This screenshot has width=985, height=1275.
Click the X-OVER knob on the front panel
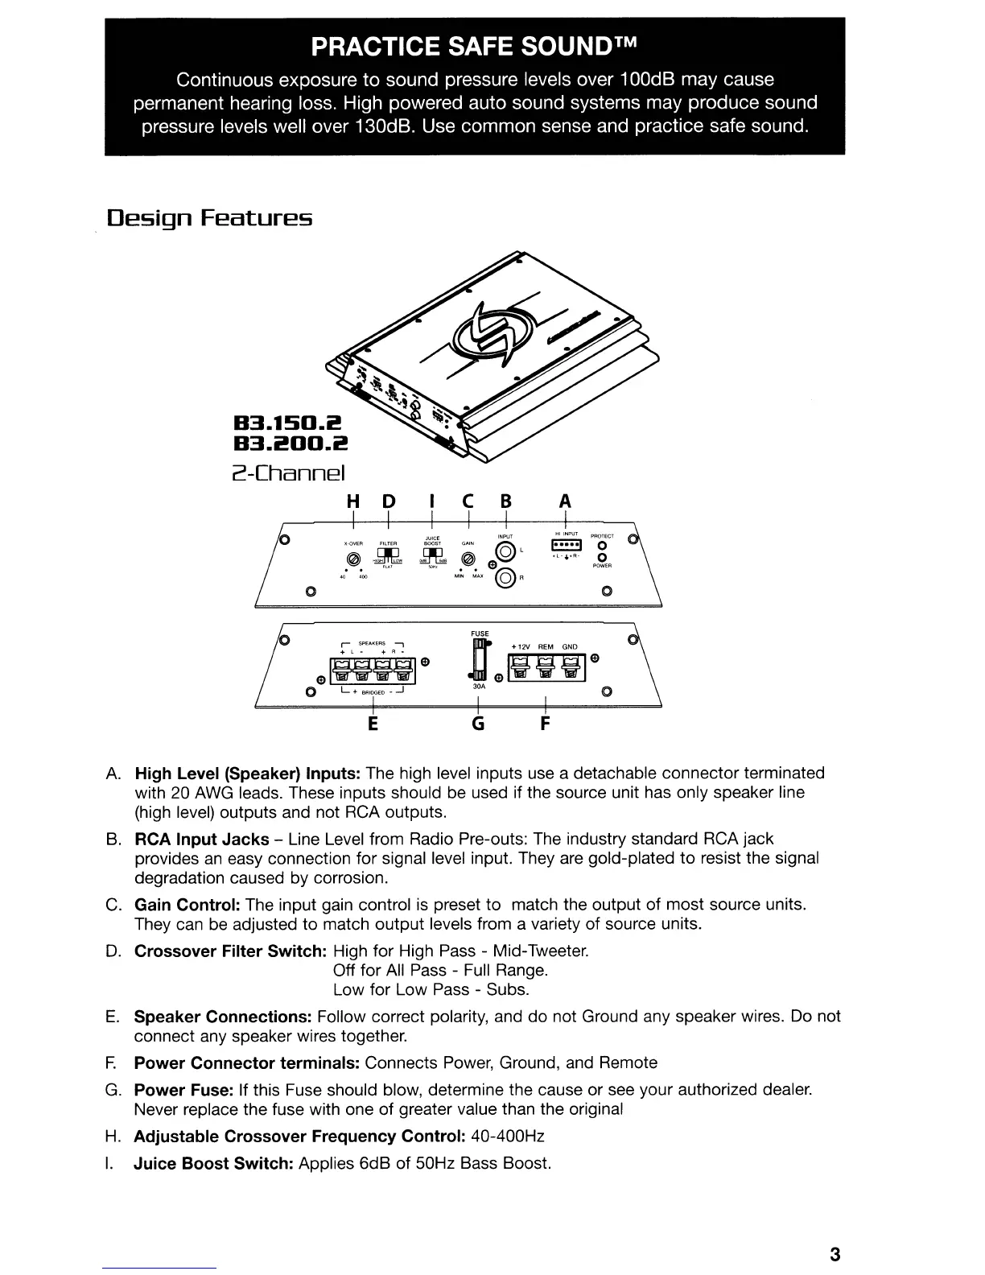[351, 560]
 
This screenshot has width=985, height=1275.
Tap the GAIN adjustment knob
[466, 559]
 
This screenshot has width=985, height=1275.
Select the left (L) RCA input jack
[506, 551]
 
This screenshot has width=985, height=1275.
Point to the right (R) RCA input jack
[506, 577]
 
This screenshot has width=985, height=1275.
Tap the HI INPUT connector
[566, 547]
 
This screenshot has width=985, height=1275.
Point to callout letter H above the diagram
[352, 501]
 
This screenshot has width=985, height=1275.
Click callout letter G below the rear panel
[478, 724]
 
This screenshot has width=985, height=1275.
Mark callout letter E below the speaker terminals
[373, 724]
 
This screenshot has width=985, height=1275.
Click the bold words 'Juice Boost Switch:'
[214, 1163]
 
